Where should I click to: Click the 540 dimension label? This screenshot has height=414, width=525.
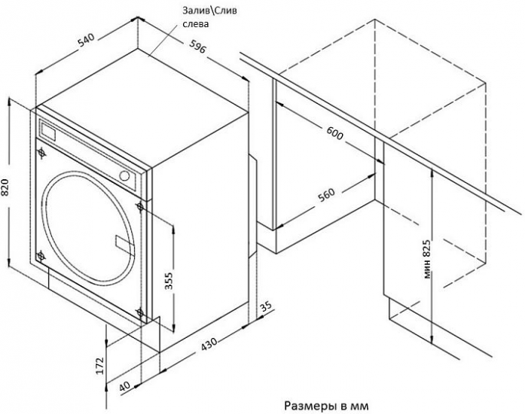(x=87, y=40)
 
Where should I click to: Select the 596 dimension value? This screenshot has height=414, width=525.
(x=197, y=46)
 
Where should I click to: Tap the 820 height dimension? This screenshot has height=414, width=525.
(x=6, y=187)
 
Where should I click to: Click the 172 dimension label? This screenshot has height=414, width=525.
(x=99, y=366)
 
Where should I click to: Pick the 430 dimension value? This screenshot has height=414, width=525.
(x=209, y=344)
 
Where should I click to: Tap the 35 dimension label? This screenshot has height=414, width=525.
(x=266, y=306)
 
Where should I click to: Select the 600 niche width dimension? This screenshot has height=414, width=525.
(x=334, y=133)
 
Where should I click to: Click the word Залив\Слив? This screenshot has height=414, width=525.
(x=209, y=11)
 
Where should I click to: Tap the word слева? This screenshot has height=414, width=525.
(x=196, y=24)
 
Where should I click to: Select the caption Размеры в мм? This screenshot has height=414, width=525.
(x=326, y=406)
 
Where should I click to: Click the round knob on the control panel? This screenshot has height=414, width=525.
(x=124, y=175)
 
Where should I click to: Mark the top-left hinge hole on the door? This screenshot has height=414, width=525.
(x=41, y=153)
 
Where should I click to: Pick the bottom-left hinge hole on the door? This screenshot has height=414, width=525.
(x=41, y=257)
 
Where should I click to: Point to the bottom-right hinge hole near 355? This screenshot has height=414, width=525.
(x=140, y=313)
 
